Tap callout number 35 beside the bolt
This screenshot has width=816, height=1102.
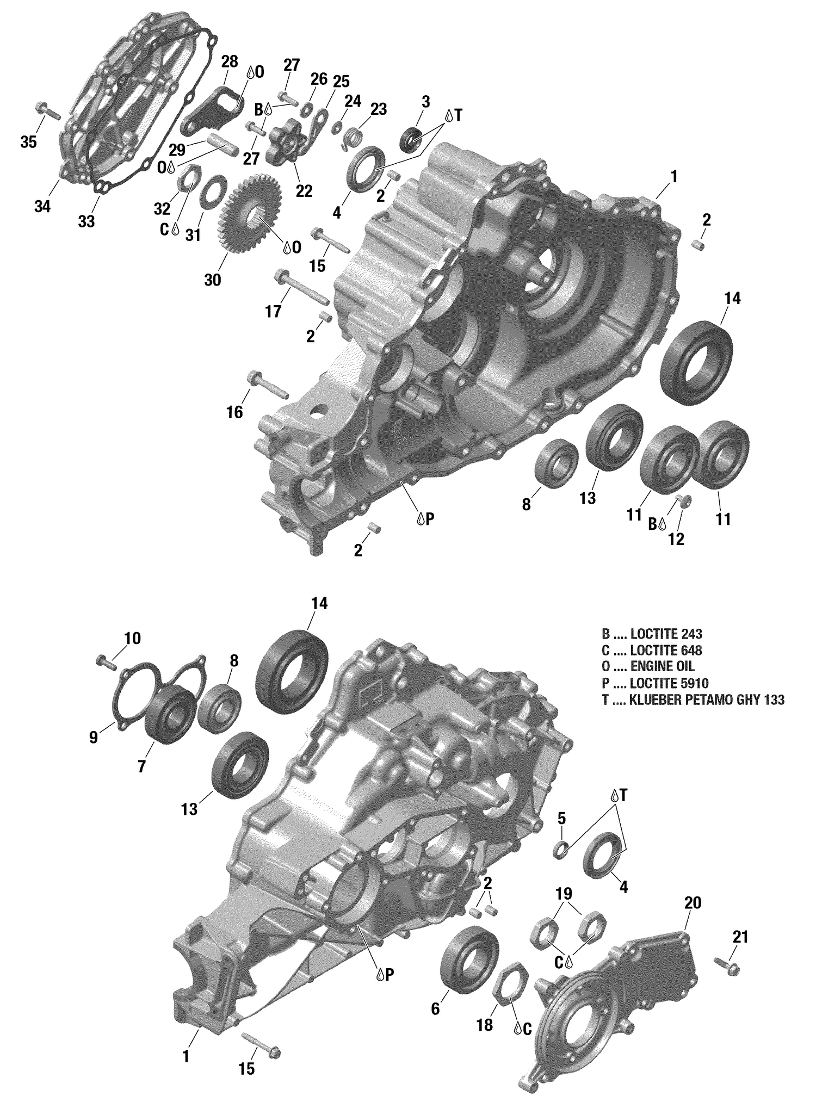click(x=28, y=143)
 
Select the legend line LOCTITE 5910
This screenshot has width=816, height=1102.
click(x=655, y=683)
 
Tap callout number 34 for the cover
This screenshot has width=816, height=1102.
click(x=42, y=207)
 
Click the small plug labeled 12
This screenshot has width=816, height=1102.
click(x=684, y=500)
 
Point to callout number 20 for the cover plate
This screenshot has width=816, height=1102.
click(x=693, y=903)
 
